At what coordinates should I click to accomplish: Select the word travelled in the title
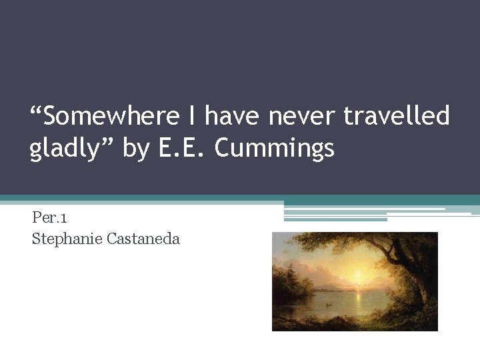[397, 117]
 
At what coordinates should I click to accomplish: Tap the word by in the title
[136, 149]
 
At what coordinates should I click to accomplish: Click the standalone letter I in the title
[191, 117]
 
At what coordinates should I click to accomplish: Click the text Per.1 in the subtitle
[49, 218]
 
